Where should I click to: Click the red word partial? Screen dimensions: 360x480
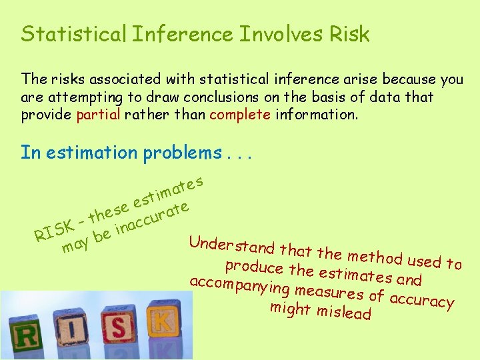click(x=98, y=114)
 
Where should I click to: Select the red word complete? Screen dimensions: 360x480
click(x=240, y=114)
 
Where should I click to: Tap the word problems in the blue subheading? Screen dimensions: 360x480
click(x=181, y=153)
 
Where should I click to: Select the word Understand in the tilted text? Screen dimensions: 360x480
click(x=231, y=245)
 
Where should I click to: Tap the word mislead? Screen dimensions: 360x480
click(x=344, y=311)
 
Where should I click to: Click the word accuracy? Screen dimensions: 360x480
click(x=422, y=299)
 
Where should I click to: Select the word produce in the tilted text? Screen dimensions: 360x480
click(x=255, y=267)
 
